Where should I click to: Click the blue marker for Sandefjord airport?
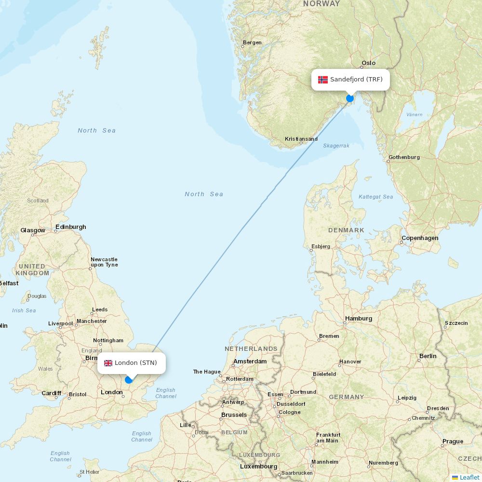(x=350, y=98)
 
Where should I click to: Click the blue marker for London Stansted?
(x=129, y=380)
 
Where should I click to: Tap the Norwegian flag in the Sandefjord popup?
(x=322, y=80)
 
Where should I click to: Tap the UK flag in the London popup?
(x=108, y=363)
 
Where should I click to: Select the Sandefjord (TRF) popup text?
(x=356, y=80)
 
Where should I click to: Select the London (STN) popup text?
(x=135, y=363)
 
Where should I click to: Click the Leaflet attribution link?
(x=469, y=477)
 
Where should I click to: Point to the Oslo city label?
(x=368, y=63)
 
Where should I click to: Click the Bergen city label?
(x=252, y=42)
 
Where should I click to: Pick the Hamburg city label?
(x=359, y=319)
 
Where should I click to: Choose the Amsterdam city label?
(x=250, y=361)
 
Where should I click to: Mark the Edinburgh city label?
(x=71, y=227)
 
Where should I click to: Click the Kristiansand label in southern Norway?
(x=301, y=139)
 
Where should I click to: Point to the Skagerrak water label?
(x=336, y=146)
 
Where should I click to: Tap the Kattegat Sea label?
(x=375, y=197)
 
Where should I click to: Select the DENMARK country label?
(x=346, y=230)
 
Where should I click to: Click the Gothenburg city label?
(x=404, y=157)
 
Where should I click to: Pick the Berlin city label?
(x=428, y=356)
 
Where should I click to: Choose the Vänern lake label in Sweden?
(x=415, y=115)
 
